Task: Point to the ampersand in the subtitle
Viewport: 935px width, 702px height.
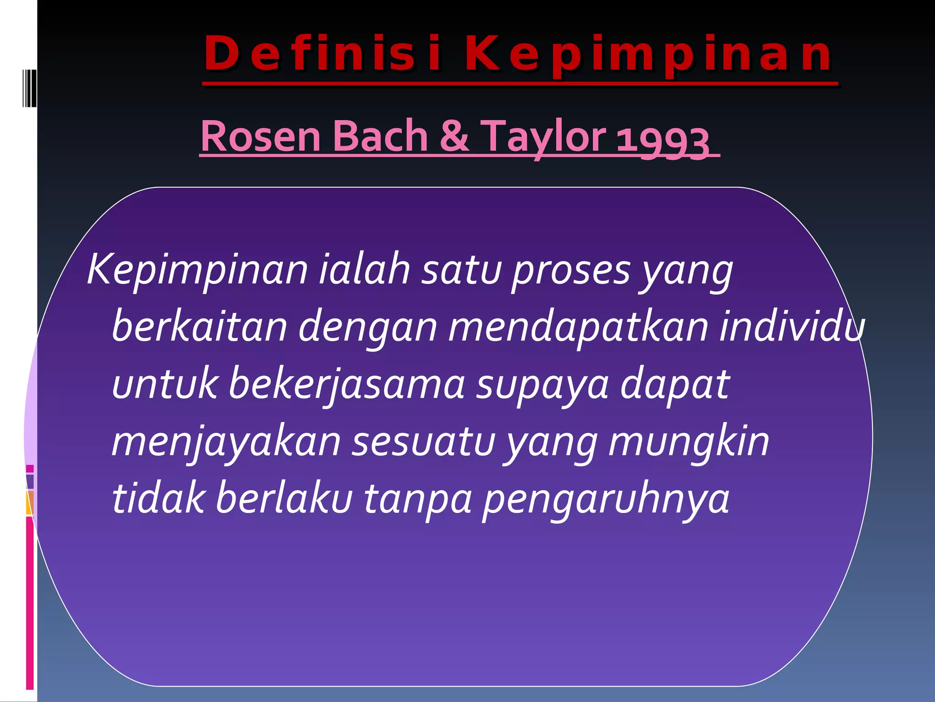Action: pyautogui.click(x=455, y=136)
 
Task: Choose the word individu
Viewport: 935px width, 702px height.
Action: pyautogui.click(x=792, y=327)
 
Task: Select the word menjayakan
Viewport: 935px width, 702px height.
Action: pyautogui.click(x=226, y=442)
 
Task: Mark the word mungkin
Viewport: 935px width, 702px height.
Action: pyautogui.click(x=689, y=442)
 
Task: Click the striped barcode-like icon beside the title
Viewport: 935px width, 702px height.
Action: pyautogui.click(x=29, y=88)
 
